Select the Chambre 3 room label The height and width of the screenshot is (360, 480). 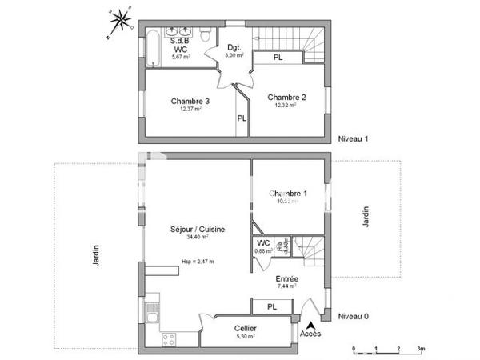[x=190, y=101]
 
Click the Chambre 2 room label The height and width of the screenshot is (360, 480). [x=286, y=97]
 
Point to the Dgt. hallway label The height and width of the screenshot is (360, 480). [x=234, y=46]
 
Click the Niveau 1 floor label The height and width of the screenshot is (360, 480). [x=353, y=138]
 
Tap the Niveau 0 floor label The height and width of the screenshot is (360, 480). [x=353, y=316]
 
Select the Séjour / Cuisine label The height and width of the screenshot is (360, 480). [x=197, y=229]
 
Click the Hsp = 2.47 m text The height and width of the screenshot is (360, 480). [x=197, y=261]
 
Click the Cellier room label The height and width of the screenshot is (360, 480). [x=246, y=329]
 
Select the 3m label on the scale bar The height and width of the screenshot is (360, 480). [x=420, y=350]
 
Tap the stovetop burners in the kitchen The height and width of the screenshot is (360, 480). [x=169, y=339]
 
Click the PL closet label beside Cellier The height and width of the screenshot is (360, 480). [x=272, y=306]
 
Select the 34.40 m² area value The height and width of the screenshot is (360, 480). [x=197, y=237]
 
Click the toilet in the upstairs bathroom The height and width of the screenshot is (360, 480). [x=206, y=35]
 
